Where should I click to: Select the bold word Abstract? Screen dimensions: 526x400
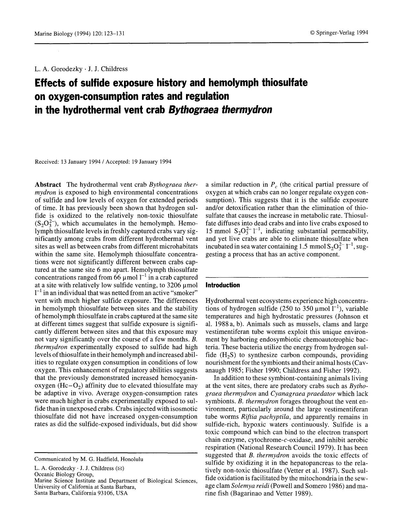tap(48, 185)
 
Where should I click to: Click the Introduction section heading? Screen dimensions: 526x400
tap(222, 285)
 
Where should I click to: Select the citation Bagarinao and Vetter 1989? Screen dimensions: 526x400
tap(270, 494)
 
